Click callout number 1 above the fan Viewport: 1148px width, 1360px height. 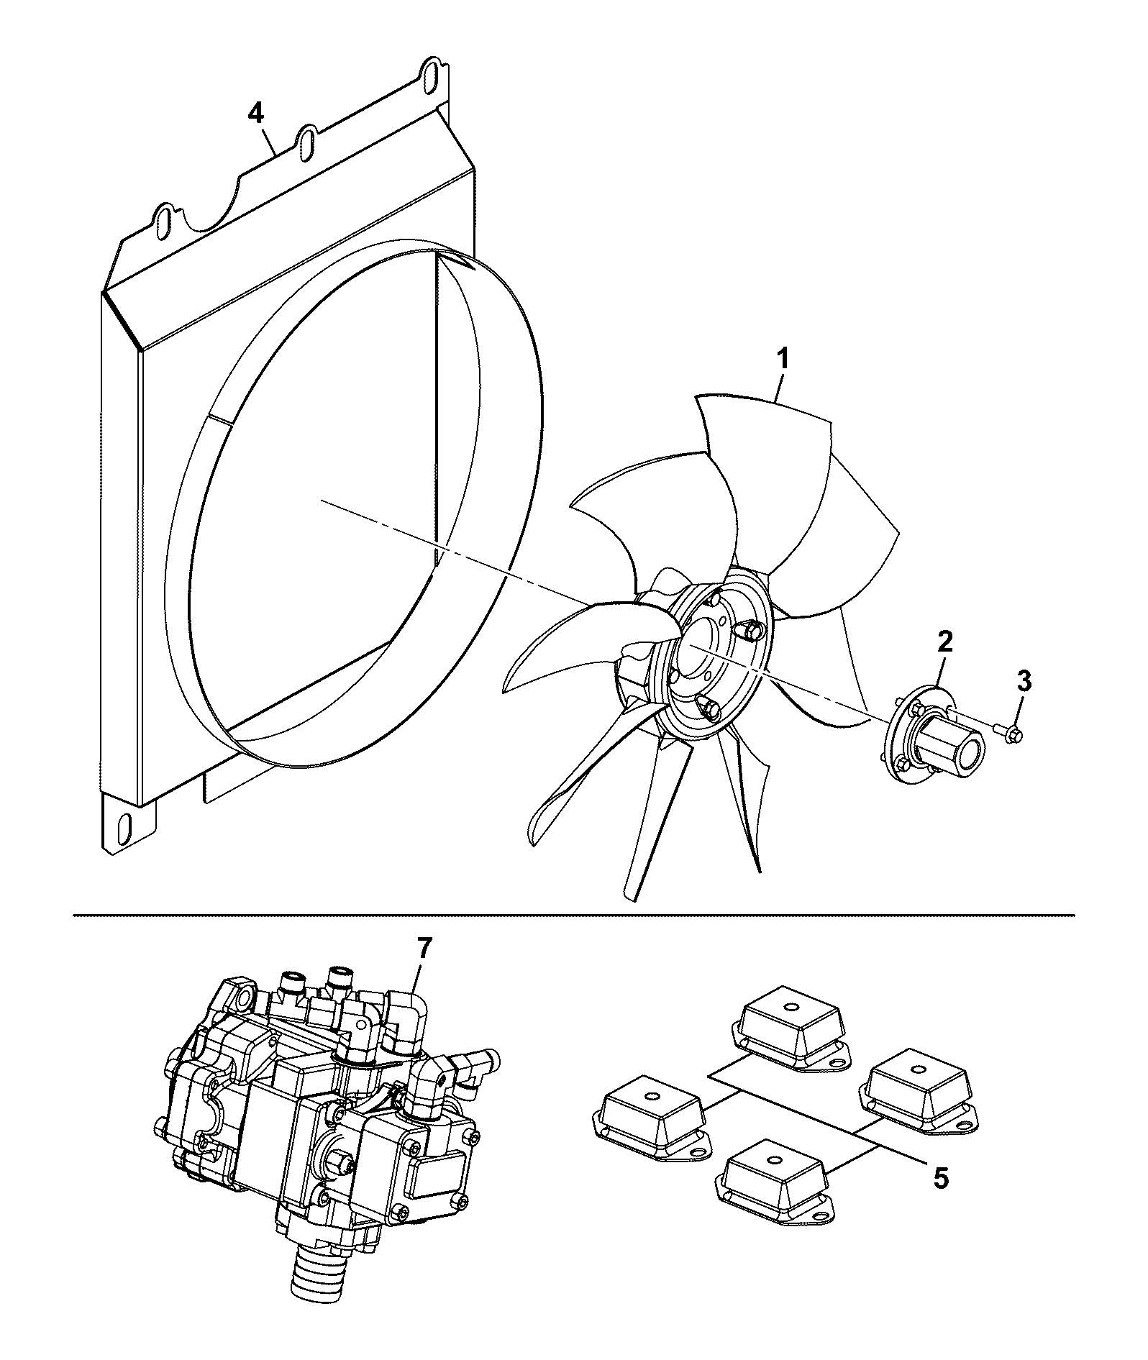[x=782, y=359]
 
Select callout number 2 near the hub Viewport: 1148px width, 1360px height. [x=944, y=642]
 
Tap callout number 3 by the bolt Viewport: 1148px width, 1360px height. [x=1024, y=680]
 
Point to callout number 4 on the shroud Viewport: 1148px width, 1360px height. [x=256, y=114]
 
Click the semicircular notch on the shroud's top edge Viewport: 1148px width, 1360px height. [x=214, y=209]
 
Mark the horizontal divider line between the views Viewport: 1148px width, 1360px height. [x=574, y=916]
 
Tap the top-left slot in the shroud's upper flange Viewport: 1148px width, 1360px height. [x=164, y=219]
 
